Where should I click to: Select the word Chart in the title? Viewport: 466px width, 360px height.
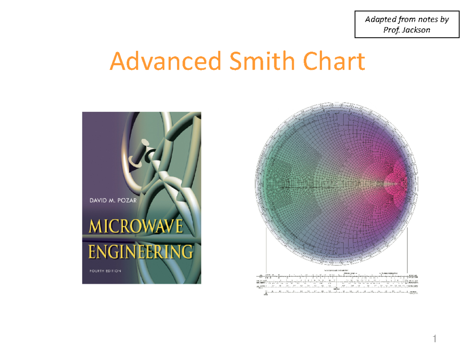tap(334, 62)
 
